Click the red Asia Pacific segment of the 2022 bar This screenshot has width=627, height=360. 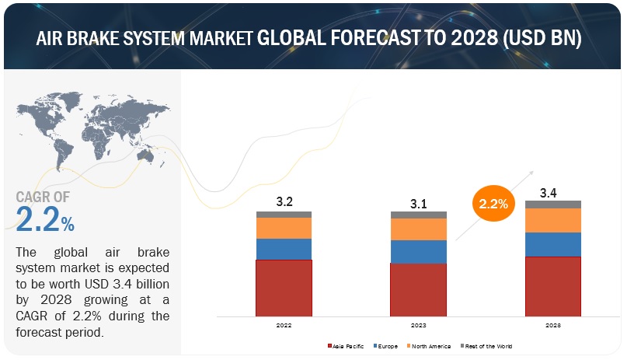(x=284, y=288)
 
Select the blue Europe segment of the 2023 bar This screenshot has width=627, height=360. (x=418, y=251)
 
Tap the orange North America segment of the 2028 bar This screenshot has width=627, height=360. (x=552, y=220)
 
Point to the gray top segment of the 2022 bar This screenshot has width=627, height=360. (x=284, y=214)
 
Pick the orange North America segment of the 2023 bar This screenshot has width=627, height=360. (x=418, y=229)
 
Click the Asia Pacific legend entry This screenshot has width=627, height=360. (x=348, y=346)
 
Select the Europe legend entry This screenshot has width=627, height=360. (x=388, y=346)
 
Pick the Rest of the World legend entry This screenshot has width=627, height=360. (x=488, y=346)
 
